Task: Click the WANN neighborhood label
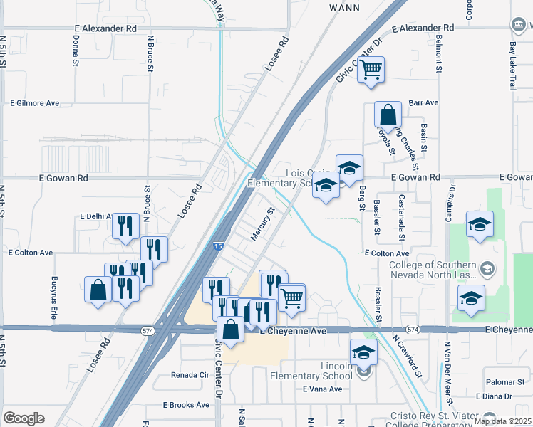pyautogui.click(x=348, y=7)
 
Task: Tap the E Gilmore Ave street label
pyautogui.click(x=34, y=103)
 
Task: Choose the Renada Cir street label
pyautogui.click(x=189, y=375)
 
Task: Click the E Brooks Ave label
pyautogui.click(x=186, y=405)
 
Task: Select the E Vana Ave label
pyautogui.click(x=322, y=389)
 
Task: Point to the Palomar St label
pyautogui.click(x=504, y=382)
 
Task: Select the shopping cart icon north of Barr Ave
pyautogui.click(x=371, y=70)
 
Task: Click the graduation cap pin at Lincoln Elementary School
pyautogui.click(x=363, y=352)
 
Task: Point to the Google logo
pyautogui.click(x=24, y=418)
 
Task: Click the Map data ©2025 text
pyautogui.click(x=502, y=421)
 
